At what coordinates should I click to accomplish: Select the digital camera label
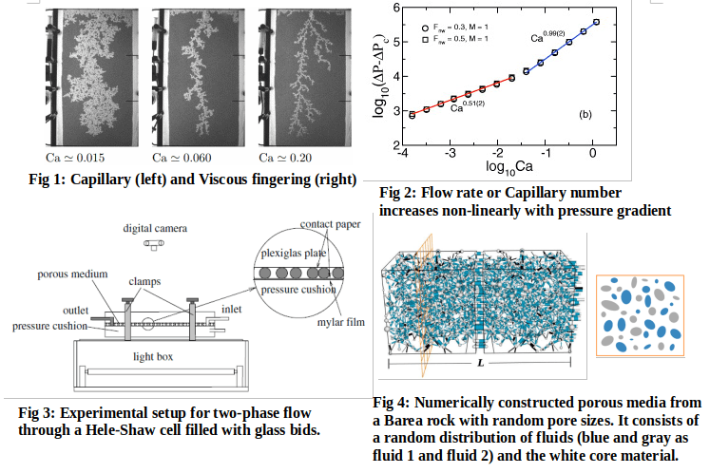pos(155,228)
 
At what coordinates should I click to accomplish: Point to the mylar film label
pos(342,321)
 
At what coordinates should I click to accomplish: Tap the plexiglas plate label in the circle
pos(297,255)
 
